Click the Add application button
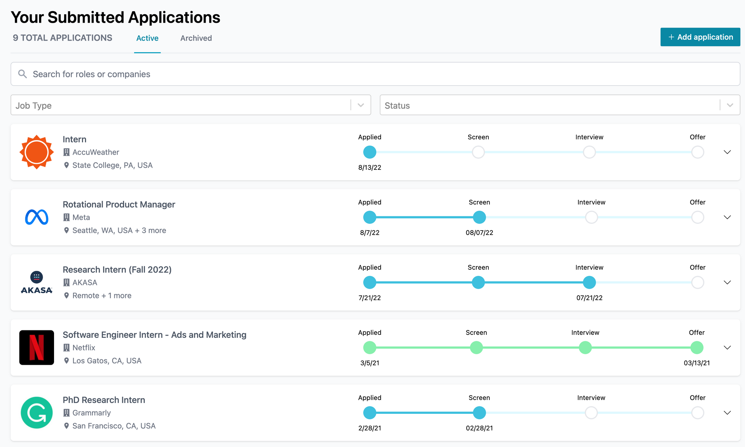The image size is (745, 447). tap(700, 37)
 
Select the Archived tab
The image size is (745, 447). tap(196, 38)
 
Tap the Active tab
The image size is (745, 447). tap(147, 38)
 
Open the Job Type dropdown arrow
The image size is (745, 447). tap(361, 105)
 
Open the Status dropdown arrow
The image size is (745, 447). tap(730, 105)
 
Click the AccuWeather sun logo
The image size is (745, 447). tap(37, 152)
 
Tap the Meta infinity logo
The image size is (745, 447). tap(37, 217)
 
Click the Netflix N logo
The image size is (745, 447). tap(37, 348)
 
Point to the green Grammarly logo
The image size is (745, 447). tap(37, 413)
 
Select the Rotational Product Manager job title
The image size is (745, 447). tap(119, 205)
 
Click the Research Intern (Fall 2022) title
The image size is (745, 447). tap(117, 270)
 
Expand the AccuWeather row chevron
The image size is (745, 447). tap(727, 152)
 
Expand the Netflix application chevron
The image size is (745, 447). tap(727, 348)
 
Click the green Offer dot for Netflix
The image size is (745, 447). tap(697, 348)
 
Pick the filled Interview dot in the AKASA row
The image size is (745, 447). tap(589, 282)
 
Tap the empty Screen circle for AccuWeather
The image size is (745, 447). tap(478, 152)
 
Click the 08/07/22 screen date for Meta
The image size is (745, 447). tap(479, 233)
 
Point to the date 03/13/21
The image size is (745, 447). tap(697, 363)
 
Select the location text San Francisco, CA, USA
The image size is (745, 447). tap(114, 426)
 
